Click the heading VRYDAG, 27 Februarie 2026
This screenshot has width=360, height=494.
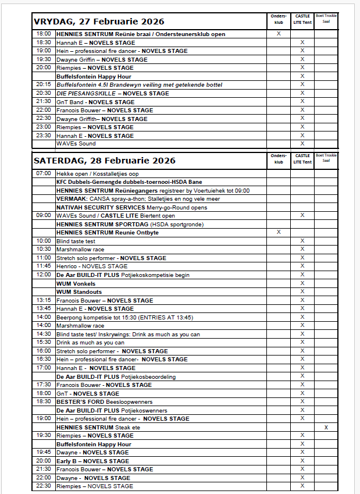tap(99, 22)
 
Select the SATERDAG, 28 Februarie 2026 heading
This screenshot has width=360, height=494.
tap(104, 160)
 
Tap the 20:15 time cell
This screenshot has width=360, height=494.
tap(44, 85)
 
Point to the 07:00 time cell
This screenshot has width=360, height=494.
tap(44, 173)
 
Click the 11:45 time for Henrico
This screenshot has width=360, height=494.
tap(44, 266)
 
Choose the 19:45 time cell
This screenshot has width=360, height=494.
tap(44, 452)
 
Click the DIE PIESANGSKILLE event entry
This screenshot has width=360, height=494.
tap(113, 93)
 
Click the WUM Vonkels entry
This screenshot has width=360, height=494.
tap(76, 283)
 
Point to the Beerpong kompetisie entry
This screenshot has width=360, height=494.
tap(124, 317)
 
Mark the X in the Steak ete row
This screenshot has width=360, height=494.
tap(326, 427)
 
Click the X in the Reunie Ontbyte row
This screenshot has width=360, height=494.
tap(279, 232)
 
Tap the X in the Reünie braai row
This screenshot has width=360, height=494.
tap(279, 34)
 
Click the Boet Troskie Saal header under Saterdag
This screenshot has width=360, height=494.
tap(326, 158)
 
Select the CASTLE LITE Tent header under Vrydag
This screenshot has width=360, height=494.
tap(302, 20)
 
